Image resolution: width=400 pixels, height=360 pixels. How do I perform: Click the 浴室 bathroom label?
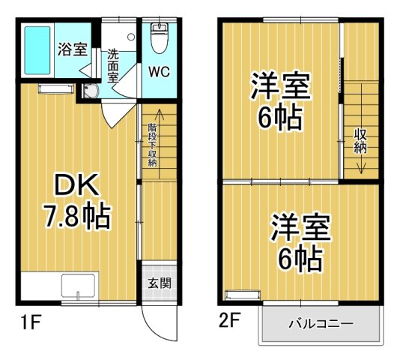coord(72,50)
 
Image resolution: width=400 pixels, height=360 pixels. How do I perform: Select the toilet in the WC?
coord(158,37)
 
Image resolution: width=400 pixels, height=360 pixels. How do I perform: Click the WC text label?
coord(158,73)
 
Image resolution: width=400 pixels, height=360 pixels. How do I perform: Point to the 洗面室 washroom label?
coord(113,65)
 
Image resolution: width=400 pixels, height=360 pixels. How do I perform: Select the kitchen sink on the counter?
coord(78,287)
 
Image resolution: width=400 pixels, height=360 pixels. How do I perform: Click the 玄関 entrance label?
coord(158,283)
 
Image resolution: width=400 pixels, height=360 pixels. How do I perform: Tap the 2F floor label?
coord(229,323)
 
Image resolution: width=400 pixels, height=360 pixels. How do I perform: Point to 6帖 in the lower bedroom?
coord(299,259)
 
